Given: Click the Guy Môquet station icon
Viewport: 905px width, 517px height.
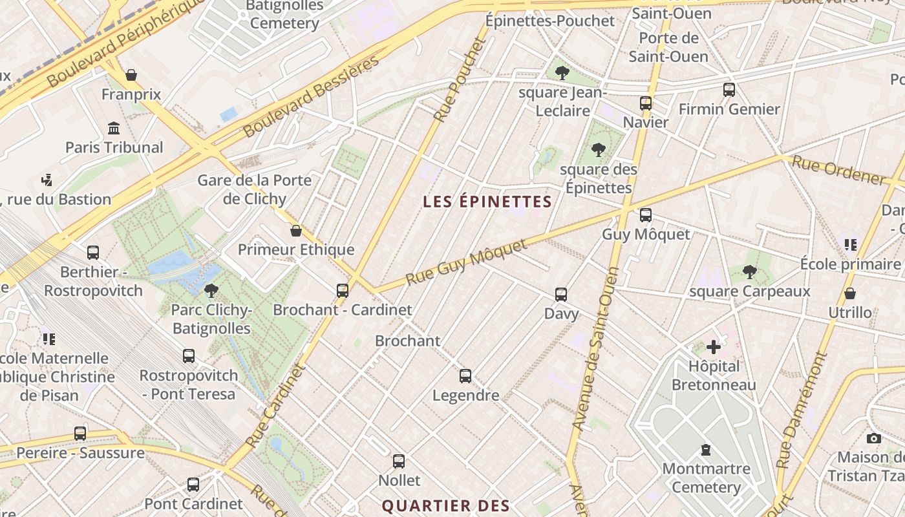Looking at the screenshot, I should (x=645, y=215).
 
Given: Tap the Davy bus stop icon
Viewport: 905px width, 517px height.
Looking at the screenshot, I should (x=561, y=295).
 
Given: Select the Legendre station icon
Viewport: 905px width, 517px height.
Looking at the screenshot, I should (x=465, y=376).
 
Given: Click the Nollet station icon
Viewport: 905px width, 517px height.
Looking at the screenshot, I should (x=399, y=461).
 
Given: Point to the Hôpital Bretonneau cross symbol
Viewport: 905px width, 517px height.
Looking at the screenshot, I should (x=714, y=348).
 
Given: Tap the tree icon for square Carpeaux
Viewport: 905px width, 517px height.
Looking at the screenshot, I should (x=749, y=272).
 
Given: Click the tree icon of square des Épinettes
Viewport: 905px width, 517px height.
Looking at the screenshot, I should (x=599, y=150).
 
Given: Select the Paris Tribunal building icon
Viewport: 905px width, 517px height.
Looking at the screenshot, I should (x=114, y=128).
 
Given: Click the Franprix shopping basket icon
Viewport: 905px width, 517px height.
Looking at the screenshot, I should (x=131, y=75).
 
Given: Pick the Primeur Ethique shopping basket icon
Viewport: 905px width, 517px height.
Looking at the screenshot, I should (x=296, y=231).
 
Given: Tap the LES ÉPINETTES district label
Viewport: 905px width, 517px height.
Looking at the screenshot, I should (x=487, y=202).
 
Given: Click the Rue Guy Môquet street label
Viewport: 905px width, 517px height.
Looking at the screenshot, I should (x=467, y=261).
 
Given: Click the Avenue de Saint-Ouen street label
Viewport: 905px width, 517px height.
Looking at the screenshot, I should (x=597, y=349).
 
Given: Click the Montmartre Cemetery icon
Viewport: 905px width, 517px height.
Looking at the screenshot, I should (x=705, y=450).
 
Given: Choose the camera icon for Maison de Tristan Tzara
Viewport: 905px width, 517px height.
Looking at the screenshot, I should (x=874, y=439).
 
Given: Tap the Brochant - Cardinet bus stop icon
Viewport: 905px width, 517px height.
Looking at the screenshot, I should (x=343, y=291).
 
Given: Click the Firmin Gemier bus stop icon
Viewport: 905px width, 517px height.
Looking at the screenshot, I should (x=729, y=90).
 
